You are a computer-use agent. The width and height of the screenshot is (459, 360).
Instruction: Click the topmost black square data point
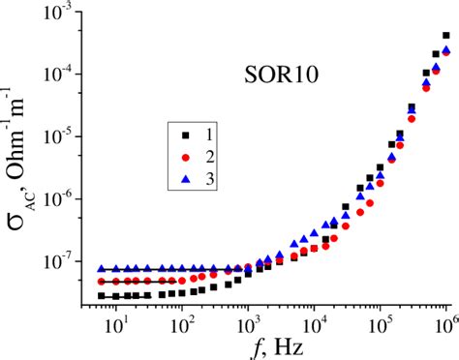(446, 35)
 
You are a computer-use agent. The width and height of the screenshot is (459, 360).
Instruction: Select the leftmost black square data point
(101, 295)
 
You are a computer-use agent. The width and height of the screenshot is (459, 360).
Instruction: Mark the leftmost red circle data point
(101, 281)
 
